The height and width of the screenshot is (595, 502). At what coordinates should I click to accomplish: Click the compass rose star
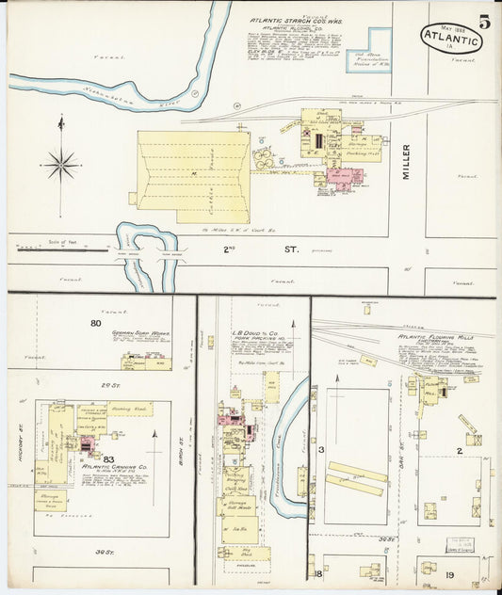pyautogui.click(x=61, y=165)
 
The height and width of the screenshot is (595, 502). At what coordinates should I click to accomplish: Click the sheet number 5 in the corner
pyautogui.click(x=483, y=22)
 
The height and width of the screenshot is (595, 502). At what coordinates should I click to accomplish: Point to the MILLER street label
pyautogui.click(x=408, y=162)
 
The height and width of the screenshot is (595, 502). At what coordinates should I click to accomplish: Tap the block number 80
pyautogui.click(x=96, y=323)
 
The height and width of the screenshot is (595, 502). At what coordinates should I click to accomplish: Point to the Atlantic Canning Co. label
pyautogui.click(x=115, y=466)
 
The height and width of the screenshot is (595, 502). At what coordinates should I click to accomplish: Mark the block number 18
pyautogui.click(x=320, y=572)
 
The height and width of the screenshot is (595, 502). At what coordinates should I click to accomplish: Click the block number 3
pyautogui.click(x=321, y=450)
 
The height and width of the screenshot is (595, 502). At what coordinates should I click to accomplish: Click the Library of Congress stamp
pyautogui.click(x=462, y=545)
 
